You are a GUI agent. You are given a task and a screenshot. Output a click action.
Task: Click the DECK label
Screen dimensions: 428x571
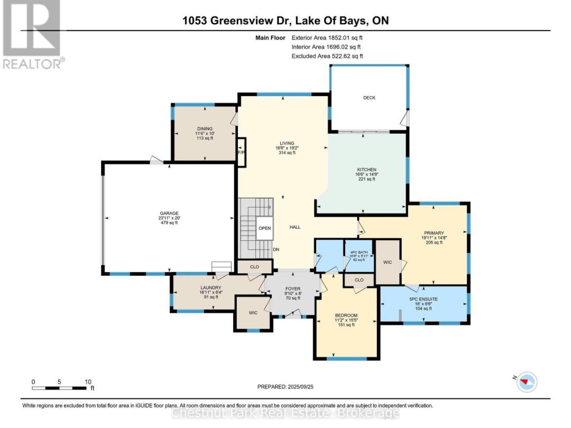(369, 98)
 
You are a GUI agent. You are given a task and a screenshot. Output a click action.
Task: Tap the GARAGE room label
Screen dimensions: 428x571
(170, 213)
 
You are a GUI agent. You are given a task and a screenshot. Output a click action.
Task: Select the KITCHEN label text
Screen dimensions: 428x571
(366, 170)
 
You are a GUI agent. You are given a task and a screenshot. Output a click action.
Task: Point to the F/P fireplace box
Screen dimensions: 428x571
(241, 152)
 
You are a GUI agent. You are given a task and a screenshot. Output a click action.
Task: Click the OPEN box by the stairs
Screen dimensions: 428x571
(265, 228)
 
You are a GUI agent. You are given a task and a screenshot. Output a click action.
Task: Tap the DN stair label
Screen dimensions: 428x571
(276, 250)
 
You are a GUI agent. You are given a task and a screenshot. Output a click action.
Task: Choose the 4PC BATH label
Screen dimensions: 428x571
(358, 253)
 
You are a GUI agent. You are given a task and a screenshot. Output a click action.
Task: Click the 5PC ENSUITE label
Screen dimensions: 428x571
(423, 299)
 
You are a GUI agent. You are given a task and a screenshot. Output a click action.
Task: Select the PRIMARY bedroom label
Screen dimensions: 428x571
(434, 232)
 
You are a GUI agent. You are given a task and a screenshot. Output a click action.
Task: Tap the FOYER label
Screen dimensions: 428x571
(292, 289)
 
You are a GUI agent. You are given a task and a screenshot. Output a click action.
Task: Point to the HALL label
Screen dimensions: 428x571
(295, 227)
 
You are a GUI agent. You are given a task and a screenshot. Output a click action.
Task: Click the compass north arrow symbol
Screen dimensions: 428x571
(526, 382)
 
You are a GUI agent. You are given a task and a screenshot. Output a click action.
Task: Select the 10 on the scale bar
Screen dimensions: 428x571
(88, 382)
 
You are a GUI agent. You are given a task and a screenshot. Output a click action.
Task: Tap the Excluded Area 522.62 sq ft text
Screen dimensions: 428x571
(327, 56)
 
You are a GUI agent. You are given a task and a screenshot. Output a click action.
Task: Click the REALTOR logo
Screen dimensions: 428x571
(33, 34)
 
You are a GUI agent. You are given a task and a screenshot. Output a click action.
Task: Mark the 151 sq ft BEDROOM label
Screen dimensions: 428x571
(346, 325)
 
